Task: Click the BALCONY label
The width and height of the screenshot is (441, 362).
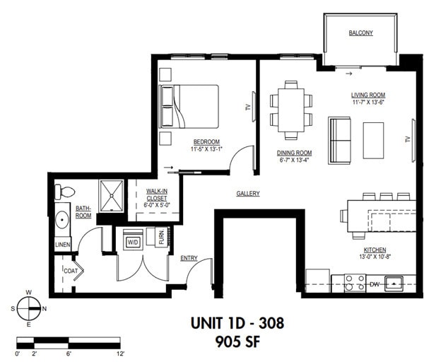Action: coord(360,33)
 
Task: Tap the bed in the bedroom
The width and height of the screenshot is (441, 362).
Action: coord(189,106)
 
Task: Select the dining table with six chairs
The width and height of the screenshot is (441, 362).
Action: coord(290,110)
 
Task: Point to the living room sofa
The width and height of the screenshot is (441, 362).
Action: coord(340,139)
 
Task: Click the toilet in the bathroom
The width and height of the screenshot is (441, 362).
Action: coord(64,192)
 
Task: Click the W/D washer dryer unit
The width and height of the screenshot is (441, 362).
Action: coord(133,242)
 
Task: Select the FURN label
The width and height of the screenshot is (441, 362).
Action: coord(162,237)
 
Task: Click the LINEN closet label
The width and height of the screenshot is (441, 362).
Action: coord(62,245)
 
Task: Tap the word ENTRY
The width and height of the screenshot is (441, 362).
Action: coord(189,258)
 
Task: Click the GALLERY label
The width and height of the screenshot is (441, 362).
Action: coord(248,193)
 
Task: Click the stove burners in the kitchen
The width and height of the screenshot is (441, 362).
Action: coord(355,283)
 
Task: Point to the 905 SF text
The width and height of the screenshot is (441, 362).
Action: coord(237,343)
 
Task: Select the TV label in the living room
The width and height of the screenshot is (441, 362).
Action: coord(408,139)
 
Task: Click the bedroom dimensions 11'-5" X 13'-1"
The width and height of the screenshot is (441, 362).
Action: coord(205,149)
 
